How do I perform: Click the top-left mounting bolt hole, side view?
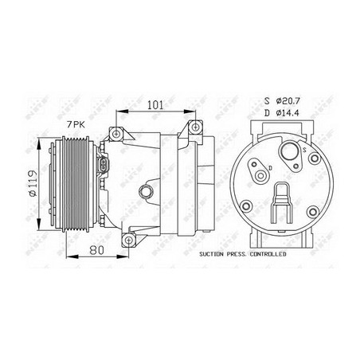(x=118, y=130)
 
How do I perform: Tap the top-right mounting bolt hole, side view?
(x=194, y=128)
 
